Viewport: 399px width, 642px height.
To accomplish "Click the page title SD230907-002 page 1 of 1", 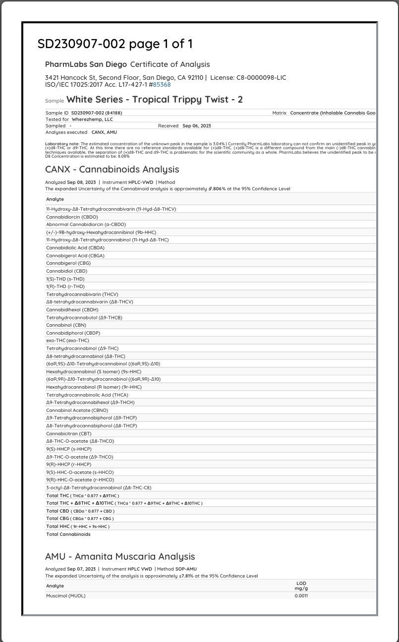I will coord(115,44).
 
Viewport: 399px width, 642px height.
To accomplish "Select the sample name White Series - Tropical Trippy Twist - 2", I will coord(155,100).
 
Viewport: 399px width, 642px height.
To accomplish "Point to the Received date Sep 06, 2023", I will coord(197,126).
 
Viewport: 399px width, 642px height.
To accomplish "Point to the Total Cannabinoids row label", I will coord(68,534).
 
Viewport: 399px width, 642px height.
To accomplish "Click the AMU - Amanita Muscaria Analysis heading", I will coord(120,557).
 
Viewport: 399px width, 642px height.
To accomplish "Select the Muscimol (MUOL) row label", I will coord(66,595).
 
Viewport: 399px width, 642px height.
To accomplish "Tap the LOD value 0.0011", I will coord(301,595).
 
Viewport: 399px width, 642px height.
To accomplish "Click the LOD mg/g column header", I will coord(301,585).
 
